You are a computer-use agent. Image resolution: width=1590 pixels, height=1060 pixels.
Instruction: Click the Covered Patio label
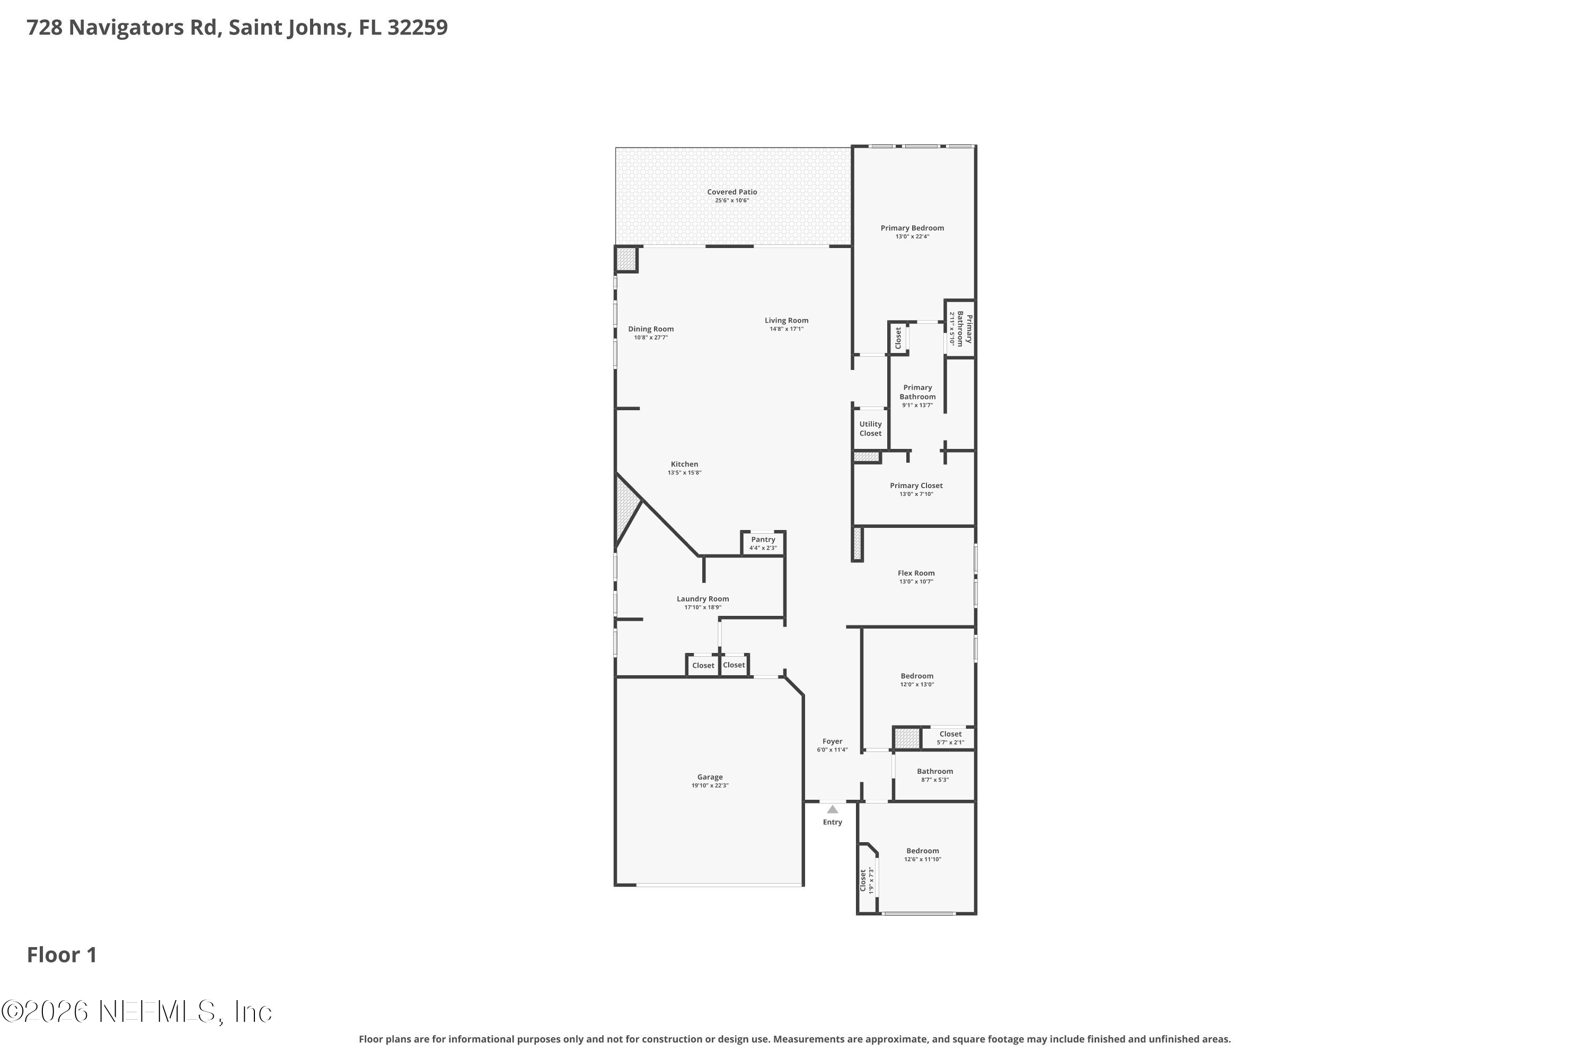point(731,192)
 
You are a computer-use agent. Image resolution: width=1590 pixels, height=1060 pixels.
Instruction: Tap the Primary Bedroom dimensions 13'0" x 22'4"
point(912,236)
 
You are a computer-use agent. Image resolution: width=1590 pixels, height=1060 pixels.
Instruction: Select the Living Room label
point(786,321)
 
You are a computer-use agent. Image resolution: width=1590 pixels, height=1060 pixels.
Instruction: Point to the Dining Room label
point(650,329)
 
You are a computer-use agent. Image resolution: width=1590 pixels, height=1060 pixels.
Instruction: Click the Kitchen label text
point(684,464)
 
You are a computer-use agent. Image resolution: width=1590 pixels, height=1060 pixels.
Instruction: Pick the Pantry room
point(763,543)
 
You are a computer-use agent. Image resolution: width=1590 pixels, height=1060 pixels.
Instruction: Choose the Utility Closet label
point(870,429)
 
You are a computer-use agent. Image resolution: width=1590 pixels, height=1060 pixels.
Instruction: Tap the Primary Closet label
point(916,485)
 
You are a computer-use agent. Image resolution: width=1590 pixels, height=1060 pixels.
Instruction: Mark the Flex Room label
point(916,572)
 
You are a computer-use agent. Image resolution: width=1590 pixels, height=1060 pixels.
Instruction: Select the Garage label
point(710,777)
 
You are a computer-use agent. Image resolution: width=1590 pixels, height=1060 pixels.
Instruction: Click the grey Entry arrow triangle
point(832,809)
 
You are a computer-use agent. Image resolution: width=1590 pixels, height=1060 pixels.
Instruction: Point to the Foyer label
point(832,741)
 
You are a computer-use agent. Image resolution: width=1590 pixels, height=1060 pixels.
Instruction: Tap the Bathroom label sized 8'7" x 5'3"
point(934,771)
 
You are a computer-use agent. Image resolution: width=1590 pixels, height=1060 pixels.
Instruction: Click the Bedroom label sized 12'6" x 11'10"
point(922,851)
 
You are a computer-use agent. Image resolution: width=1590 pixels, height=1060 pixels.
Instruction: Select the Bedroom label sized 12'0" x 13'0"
point(917,676)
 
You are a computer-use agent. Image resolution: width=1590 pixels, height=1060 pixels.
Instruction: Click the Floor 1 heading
point(61,955)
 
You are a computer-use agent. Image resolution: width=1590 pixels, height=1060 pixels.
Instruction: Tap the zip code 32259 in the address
point(417,28)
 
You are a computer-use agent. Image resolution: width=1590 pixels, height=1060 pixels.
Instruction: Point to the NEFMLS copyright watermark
point(137,1012)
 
